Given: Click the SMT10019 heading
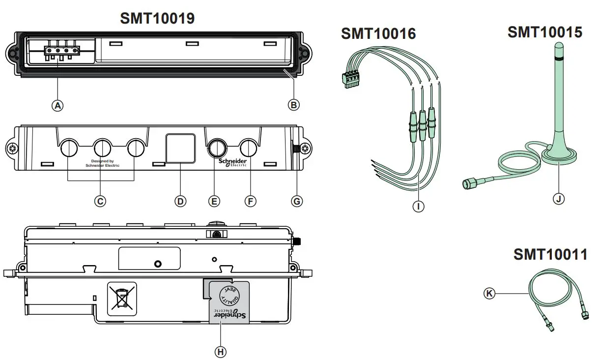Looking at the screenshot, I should click(x=157, y=18).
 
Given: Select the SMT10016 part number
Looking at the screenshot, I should click(x=378, y=33).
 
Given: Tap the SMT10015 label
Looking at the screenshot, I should click(x=544, y=32).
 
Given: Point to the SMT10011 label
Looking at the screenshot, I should click(x=550, y=254).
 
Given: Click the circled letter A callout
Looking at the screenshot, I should click(x=58, y=105).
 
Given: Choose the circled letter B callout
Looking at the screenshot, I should click(x=294, y=105).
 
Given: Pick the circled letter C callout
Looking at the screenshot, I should click(x=100, y=201).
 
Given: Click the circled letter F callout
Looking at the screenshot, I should click(x=250, y=201).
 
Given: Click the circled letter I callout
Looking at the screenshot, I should click(x=418, y=207).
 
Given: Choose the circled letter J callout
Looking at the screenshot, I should click(x=558, y=199).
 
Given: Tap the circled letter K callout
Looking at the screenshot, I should click(x=489, y=294).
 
